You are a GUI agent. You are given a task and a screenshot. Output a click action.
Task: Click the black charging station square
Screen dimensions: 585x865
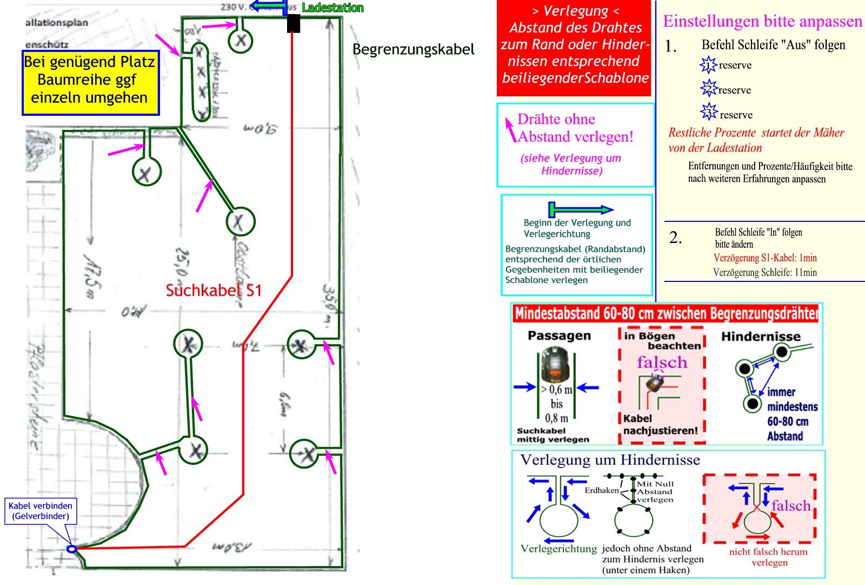[x=293, y=23]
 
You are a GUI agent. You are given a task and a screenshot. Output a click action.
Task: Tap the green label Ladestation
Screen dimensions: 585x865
[x=332, y=8]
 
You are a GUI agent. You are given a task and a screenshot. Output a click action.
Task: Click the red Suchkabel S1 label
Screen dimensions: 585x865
[x=214, y=291]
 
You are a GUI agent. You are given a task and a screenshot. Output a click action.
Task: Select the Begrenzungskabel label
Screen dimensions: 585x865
[x=413, y=49]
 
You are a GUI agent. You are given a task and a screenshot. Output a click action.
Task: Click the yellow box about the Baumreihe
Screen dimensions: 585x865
[x=90, y=83]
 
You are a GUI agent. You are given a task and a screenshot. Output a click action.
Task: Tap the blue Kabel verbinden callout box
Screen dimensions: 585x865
[x=41, y=511]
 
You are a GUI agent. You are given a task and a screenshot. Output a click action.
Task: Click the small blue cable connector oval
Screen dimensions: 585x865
[x=71, y=549]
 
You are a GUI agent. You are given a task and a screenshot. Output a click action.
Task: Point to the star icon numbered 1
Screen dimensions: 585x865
[x=708, y=65]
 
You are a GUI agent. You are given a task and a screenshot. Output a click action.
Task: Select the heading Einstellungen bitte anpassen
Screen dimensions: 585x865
[x=762, y=21]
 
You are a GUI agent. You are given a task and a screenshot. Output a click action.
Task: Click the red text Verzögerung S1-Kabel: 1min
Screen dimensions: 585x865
[x=765, y=258]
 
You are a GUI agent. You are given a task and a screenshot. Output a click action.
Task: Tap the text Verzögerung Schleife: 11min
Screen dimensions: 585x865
[x=764, y=272]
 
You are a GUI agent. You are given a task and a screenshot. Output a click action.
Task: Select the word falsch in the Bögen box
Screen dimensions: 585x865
[x=662, y=362]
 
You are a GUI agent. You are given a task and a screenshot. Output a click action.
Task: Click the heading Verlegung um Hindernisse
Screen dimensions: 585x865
[x=610, y=460]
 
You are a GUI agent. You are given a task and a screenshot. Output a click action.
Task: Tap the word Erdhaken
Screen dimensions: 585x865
[x=601, y=490]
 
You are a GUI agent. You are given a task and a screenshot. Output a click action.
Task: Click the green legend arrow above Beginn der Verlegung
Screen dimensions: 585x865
[x=581, y=209]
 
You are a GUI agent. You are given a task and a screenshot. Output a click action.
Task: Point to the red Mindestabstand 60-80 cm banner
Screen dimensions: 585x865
[x=666, y=313]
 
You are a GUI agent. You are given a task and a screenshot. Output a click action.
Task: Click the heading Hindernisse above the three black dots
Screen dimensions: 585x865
[x=760, y=337]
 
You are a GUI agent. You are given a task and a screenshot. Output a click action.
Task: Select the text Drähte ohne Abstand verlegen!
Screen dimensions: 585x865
[x=575, y=128]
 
